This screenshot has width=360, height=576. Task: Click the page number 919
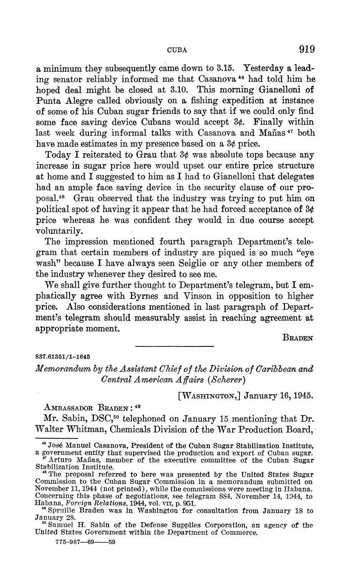click(306, 50)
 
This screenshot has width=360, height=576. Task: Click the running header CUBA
click(177, 50)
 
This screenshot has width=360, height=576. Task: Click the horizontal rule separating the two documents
click(174, 346)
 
